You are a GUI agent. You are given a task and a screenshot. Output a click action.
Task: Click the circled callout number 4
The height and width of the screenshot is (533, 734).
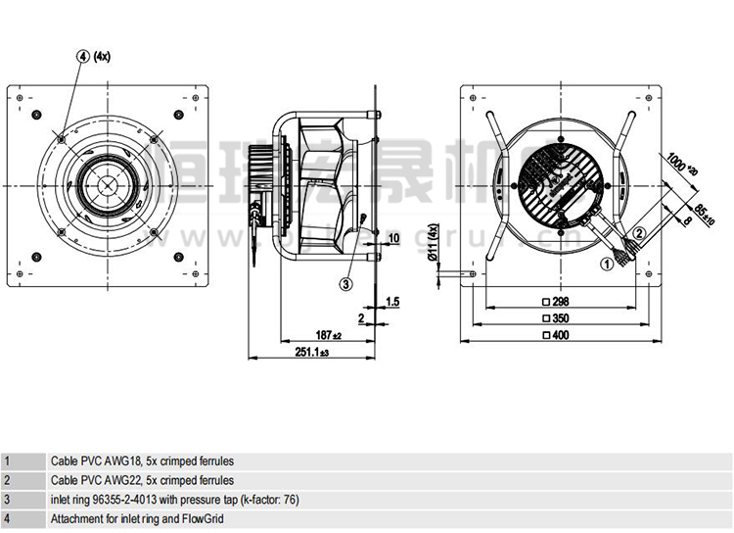[83, 56]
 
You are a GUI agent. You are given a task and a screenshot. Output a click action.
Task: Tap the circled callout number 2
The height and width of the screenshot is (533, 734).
[639, 232]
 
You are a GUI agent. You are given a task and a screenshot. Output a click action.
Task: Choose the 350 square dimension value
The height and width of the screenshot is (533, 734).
[561, 319]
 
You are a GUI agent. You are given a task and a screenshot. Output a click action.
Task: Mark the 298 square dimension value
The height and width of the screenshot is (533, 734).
[561, 302]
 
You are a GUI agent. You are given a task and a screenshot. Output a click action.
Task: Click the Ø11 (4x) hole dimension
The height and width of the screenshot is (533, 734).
[434, 246]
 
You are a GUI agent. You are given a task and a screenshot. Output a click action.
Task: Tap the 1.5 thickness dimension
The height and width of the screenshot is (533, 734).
[391, 301]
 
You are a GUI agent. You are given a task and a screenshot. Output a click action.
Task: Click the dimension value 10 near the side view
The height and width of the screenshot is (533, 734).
[394, 238]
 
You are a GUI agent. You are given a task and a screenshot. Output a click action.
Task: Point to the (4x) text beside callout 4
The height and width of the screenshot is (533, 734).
[103, 56]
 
